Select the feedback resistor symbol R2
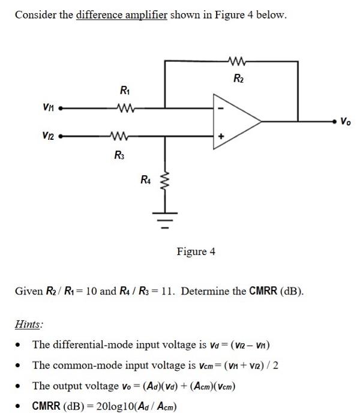coord(238,60)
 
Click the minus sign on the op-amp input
coord(221,109)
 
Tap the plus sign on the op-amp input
coord(221,137)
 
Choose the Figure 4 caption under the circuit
coord(196,251)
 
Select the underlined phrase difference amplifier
coord(121,14)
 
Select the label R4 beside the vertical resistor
coord(145,179)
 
